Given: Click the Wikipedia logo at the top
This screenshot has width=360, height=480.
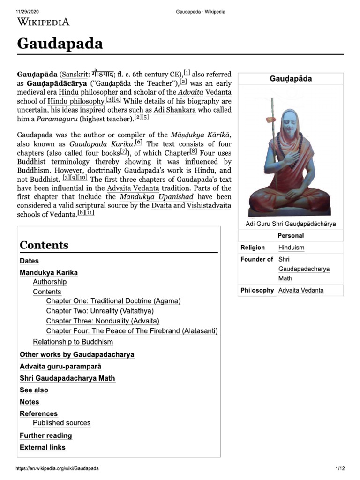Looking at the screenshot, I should (43, 22).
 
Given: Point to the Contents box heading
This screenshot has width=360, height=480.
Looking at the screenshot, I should (44, 245).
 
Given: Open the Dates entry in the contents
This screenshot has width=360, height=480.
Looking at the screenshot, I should (29, 261).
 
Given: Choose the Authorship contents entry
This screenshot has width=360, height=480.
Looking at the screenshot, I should (50, 282).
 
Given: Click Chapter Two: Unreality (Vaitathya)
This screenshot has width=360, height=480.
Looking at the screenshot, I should (100, 311).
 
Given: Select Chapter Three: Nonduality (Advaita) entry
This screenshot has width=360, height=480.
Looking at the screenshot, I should (103, 321).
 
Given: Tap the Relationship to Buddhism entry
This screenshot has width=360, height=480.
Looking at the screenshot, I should (73, 342).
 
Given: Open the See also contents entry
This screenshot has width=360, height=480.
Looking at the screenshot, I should (34, 390).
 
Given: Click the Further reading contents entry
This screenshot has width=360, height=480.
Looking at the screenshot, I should (46, 435).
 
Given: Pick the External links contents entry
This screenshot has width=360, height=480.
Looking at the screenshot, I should (43, 447).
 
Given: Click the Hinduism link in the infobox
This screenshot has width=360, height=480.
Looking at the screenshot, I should (291, 247).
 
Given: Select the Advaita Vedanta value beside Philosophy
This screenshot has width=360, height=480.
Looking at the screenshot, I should (300, 290).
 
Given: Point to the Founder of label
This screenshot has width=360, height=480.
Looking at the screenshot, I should (256, 259).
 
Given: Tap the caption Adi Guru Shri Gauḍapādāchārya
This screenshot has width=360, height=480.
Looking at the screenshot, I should (291, 224).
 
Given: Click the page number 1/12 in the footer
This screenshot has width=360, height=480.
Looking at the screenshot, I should (340, 468).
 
